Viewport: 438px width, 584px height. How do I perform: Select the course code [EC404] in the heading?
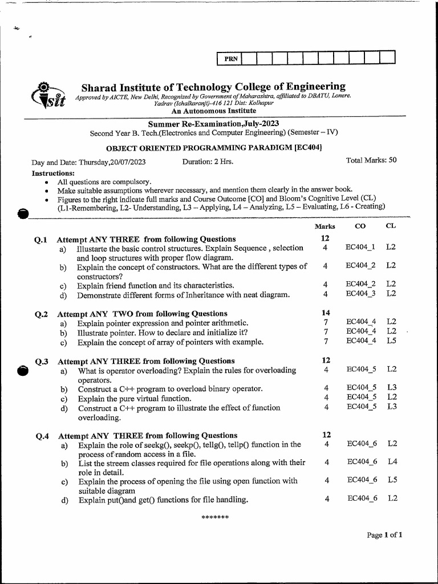click(x=308, y=148)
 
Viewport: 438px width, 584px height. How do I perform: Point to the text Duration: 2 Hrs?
click(x=208, y=161)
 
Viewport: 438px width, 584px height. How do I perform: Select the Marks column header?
click(x=325, y=226)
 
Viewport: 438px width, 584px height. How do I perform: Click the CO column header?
click(x=360, y=226)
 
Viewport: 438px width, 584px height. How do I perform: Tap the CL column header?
click(x=391, y=226)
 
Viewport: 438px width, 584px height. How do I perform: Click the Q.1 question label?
click(x=40, y=239)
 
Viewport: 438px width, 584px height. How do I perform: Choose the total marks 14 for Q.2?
click(x=326, y=313)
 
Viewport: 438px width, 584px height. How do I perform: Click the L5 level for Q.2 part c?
click(x=391, y=342)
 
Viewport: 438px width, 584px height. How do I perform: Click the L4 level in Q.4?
click(x=392, y=461)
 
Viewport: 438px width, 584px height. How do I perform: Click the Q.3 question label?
click(x=41, y=361)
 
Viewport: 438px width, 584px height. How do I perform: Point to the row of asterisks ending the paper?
click(x=216, y=518)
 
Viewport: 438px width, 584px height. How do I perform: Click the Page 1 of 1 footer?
click(x=385, y=535)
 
